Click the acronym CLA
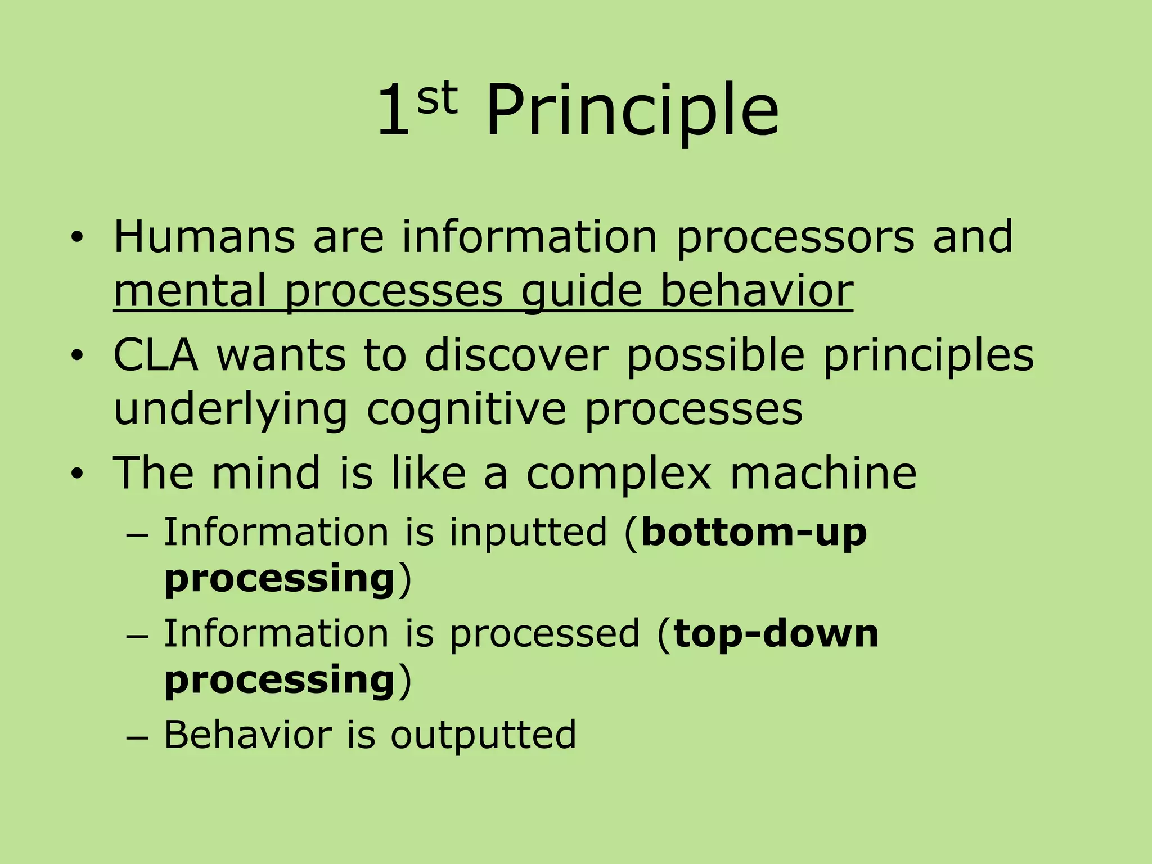click(156, 355)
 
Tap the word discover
click(516, 355)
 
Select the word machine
click(823, 472)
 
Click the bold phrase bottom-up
click(754, 532)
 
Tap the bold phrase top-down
click(776, 634)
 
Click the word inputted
click(528, 532)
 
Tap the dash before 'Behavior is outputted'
click(137, 737)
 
